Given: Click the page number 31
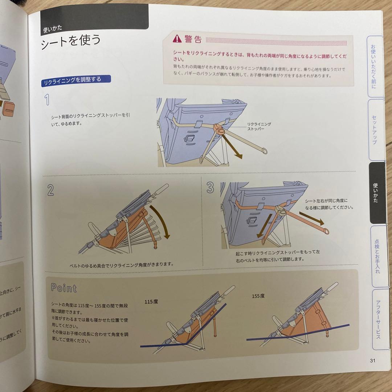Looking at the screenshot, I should [x=372, y=360].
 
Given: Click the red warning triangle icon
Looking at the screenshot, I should [x=176, y=38].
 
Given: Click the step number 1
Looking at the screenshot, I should [x=47, y=100].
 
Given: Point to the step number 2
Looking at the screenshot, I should [x=50, y=189].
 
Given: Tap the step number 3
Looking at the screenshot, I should [x=211, y=187].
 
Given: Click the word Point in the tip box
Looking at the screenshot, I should [x=64, y=288].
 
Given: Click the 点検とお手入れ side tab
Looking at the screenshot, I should [x=377, y=256].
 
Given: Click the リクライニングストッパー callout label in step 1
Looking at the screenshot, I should [x=259, y=126].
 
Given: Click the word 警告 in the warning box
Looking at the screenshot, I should [x=193, y=39].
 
